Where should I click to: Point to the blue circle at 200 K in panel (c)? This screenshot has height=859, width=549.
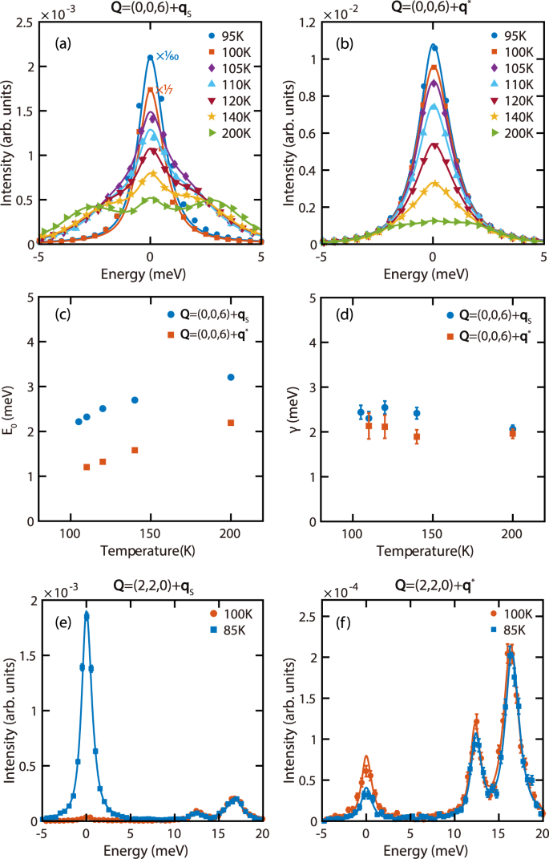[x=231, y=377]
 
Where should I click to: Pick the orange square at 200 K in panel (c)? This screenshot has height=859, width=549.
[x=231, y=423]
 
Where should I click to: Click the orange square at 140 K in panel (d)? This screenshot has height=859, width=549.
[x=417, y=437]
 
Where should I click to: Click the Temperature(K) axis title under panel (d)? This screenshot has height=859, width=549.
[x=432, y=552]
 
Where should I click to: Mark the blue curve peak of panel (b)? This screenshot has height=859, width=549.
[x=433, y=45]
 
